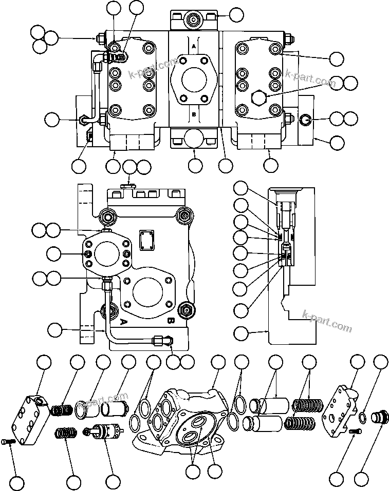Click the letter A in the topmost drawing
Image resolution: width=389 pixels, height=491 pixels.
click(194, 46)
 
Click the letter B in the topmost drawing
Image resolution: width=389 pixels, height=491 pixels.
click(194, 114)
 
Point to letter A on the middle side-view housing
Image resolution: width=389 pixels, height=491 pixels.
click(123, 322)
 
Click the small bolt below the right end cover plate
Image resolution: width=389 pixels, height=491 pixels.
click(352, 433)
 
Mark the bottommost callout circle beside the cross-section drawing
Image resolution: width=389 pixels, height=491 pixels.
click(240, 332)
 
